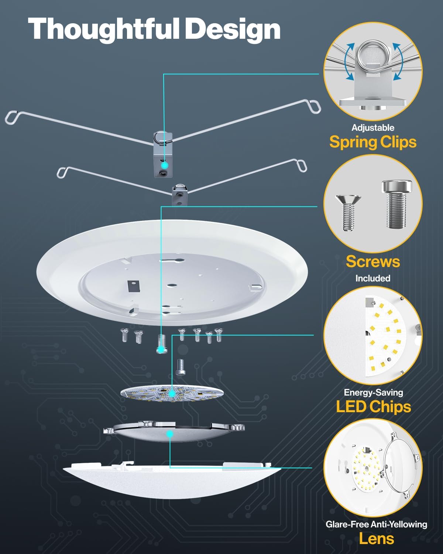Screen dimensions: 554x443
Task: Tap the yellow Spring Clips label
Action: click(x=373, y=142)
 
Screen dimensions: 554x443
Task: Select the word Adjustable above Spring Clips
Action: click(x=373, y=128)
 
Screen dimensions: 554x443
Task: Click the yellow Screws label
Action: click(x=373, y=261)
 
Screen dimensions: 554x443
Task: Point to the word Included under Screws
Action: click(x=373, y=278)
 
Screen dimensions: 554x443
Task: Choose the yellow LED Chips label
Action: click(x=373, y=407)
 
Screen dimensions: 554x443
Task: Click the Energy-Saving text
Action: click(x=373, y=393)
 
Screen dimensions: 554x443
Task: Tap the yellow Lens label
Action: click(x=377, y=539)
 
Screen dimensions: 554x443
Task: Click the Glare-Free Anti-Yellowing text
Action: click(x=376, y=524)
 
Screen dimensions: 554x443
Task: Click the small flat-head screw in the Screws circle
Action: click(x=347, y=212)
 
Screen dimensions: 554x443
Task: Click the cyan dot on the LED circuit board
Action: click(x=172, y=394)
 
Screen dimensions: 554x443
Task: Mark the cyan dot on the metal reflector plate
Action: click(x=170, y=434)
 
